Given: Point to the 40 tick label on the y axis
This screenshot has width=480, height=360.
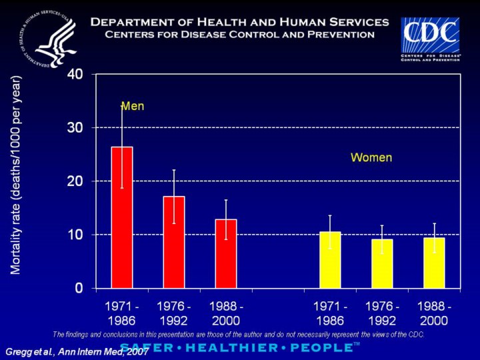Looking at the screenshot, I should (x=75, y=74).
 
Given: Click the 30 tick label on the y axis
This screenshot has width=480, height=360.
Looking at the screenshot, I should (x=75, y=127).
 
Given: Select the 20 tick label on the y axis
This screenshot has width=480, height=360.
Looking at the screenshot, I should (x=75, y=181).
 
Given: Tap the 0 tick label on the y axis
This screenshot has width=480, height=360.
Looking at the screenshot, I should (x=79, y=288).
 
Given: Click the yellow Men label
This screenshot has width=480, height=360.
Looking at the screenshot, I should (x=132, y=106).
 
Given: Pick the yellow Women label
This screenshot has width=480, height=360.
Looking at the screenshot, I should (x=371, y=158).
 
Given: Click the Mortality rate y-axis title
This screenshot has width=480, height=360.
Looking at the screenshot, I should (x=17, y=175).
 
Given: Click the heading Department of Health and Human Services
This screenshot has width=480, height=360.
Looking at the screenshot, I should (x=239, y=22).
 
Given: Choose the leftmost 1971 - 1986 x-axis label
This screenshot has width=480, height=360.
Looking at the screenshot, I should (x=121, y=313).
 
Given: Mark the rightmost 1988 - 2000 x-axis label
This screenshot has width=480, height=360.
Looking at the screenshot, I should (x=434, y=313).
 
